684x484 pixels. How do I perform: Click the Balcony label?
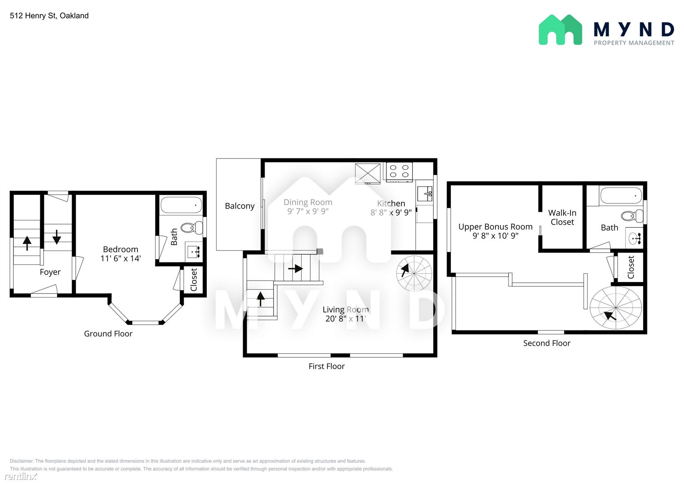(240, 206)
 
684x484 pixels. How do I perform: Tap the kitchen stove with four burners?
(399, 172)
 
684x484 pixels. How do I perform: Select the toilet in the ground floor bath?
(192, 228)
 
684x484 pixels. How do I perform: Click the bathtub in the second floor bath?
(621, 196)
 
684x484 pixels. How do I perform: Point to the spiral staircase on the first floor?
(414, 273)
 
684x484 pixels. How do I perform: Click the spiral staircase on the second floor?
(616, 307)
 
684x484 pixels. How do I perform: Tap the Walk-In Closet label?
(562, 217)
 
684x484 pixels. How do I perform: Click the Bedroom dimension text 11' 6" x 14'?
(121, 258)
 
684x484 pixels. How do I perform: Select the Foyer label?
(50, 272)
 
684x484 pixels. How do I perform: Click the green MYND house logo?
(560, 30)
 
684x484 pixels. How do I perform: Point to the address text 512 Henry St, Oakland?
(49, 15)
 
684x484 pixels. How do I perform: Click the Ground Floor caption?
(108, 334)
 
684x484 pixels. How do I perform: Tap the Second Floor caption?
(546, 343)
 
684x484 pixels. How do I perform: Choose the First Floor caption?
(327, 366)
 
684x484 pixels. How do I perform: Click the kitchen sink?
(425, 194)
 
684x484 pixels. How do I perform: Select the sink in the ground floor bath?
(194, 252)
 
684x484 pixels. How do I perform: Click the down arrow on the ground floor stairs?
(57, 237)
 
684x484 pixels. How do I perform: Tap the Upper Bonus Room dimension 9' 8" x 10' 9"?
(495, 236)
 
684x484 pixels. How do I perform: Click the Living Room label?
(346, 310)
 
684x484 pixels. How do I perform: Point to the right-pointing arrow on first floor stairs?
(295, 268)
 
